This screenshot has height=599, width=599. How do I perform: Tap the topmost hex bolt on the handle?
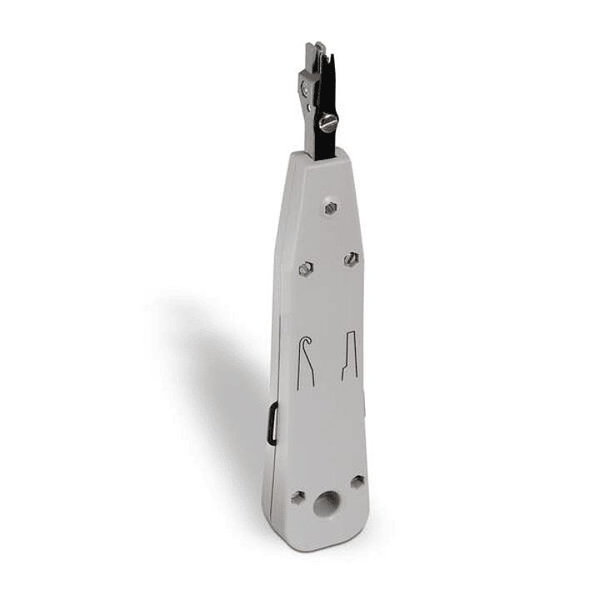click(331, 207)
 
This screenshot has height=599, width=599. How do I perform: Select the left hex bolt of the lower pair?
click(306, 268)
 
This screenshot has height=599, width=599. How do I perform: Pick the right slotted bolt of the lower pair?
click(352, 260)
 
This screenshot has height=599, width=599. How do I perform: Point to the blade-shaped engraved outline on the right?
click(350, 356)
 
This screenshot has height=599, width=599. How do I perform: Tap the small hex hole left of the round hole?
click(297, 497)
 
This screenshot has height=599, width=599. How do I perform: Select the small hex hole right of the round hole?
click(357, 482)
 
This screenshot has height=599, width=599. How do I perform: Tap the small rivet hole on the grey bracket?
click(309, 106)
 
